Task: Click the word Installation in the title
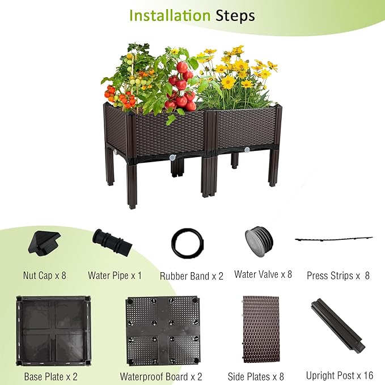(170, 15)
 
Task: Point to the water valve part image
(261, 243)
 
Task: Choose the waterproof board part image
(162, 331)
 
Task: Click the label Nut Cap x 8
(45, 276)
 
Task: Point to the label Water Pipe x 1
(115, 276)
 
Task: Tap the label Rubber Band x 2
(191, 276)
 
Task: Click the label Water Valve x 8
(263, 274)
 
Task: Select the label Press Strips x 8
(338, 276)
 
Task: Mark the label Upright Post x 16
(339, 375)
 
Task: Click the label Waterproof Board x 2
(161, 376)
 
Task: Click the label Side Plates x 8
(256, 376)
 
